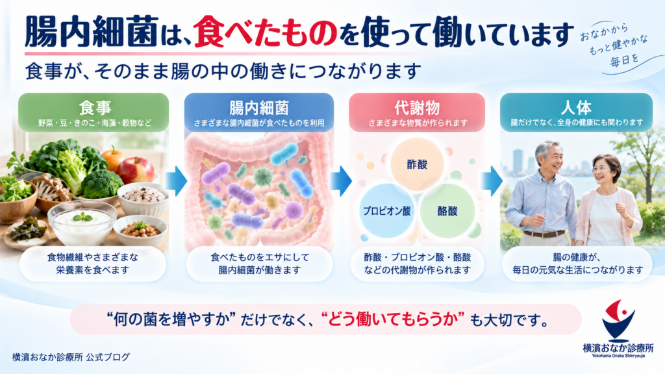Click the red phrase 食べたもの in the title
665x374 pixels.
click(266, 32)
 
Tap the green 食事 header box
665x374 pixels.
click(94, 112)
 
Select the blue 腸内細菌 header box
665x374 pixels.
click(258, 112)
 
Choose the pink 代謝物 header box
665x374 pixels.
click(417, 112)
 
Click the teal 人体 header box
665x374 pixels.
click(576, 112)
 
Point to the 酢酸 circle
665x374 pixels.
click(417, 164)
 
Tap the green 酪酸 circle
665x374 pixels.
click(447, 211)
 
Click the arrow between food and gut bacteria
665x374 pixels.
click(176, 181)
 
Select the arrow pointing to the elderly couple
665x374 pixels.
click(492, 181)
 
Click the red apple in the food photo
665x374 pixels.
click(136, 170)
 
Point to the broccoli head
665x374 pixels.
click(102, 184)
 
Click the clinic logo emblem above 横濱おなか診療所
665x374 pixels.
click(619, 321)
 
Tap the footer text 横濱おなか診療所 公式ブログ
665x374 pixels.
click(71, 357)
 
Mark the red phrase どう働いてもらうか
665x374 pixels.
click(392, 319)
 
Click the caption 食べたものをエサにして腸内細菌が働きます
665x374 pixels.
click(260, 264)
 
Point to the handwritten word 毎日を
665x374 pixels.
click(624, 60)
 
